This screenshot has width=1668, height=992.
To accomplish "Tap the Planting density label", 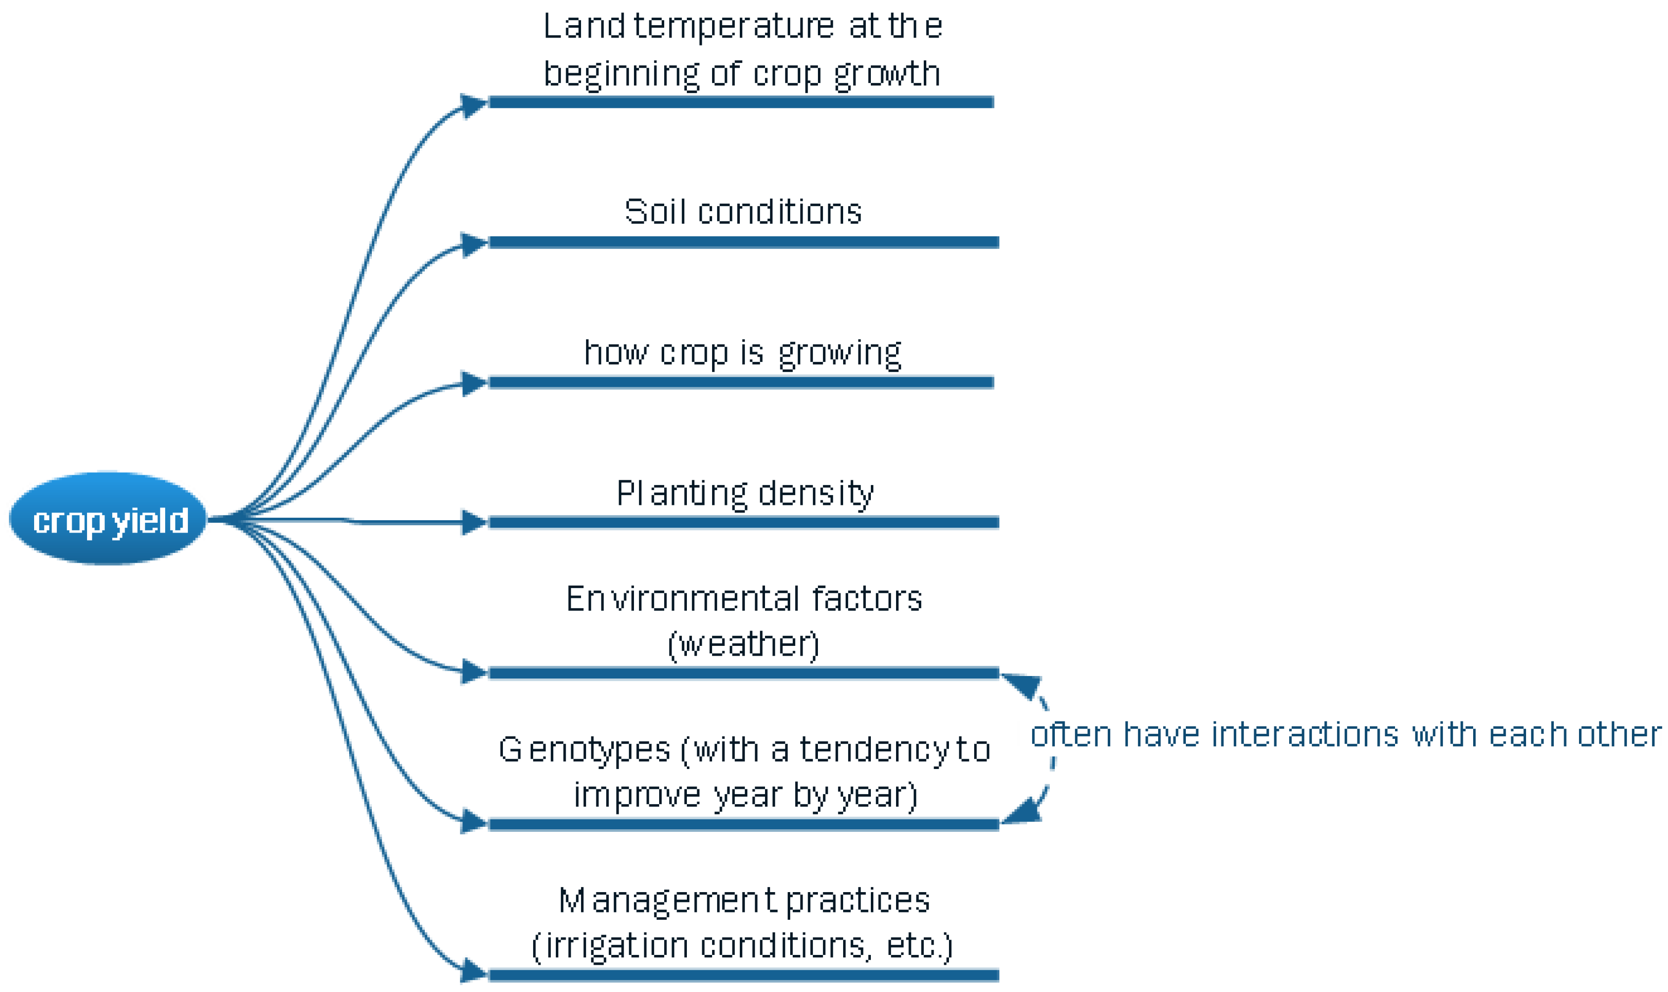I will coord(744,494).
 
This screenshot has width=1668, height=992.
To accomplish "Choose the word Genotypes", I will coord(584,749).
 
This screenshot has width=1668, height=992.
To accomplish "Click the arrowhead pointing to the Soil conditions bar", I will coord(473,243).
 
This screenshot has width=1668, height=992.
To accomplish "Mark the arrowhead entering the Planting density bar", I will coord(473,522).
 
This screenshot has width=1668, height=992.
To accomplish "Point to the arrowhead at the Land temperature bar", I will coord(473,104).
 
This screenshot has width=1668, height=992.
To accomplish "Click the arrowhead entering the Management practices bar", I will coord(473,971).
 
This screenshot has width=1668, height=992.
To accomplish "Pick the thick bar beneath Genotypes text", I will coord(743,824).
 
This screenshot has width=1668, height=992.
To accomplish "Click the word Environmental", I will coord(681,599).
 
